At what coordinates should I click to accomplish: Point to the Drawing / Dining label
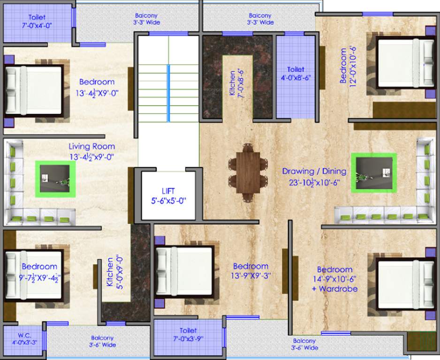click(314, 171)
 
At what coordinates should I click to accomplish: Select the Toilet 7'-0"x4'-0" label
click(37, 21)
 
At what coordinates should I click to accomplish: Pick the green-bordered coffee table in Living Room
click(55, 179)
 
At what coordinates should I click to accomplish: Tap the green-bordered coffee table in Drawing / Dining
click(373, 173)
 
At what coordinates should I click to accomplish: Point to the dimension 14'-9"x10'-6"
click(334, 279)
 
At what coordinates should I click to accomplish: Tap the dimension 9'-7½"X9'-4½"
click(41, 277)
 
